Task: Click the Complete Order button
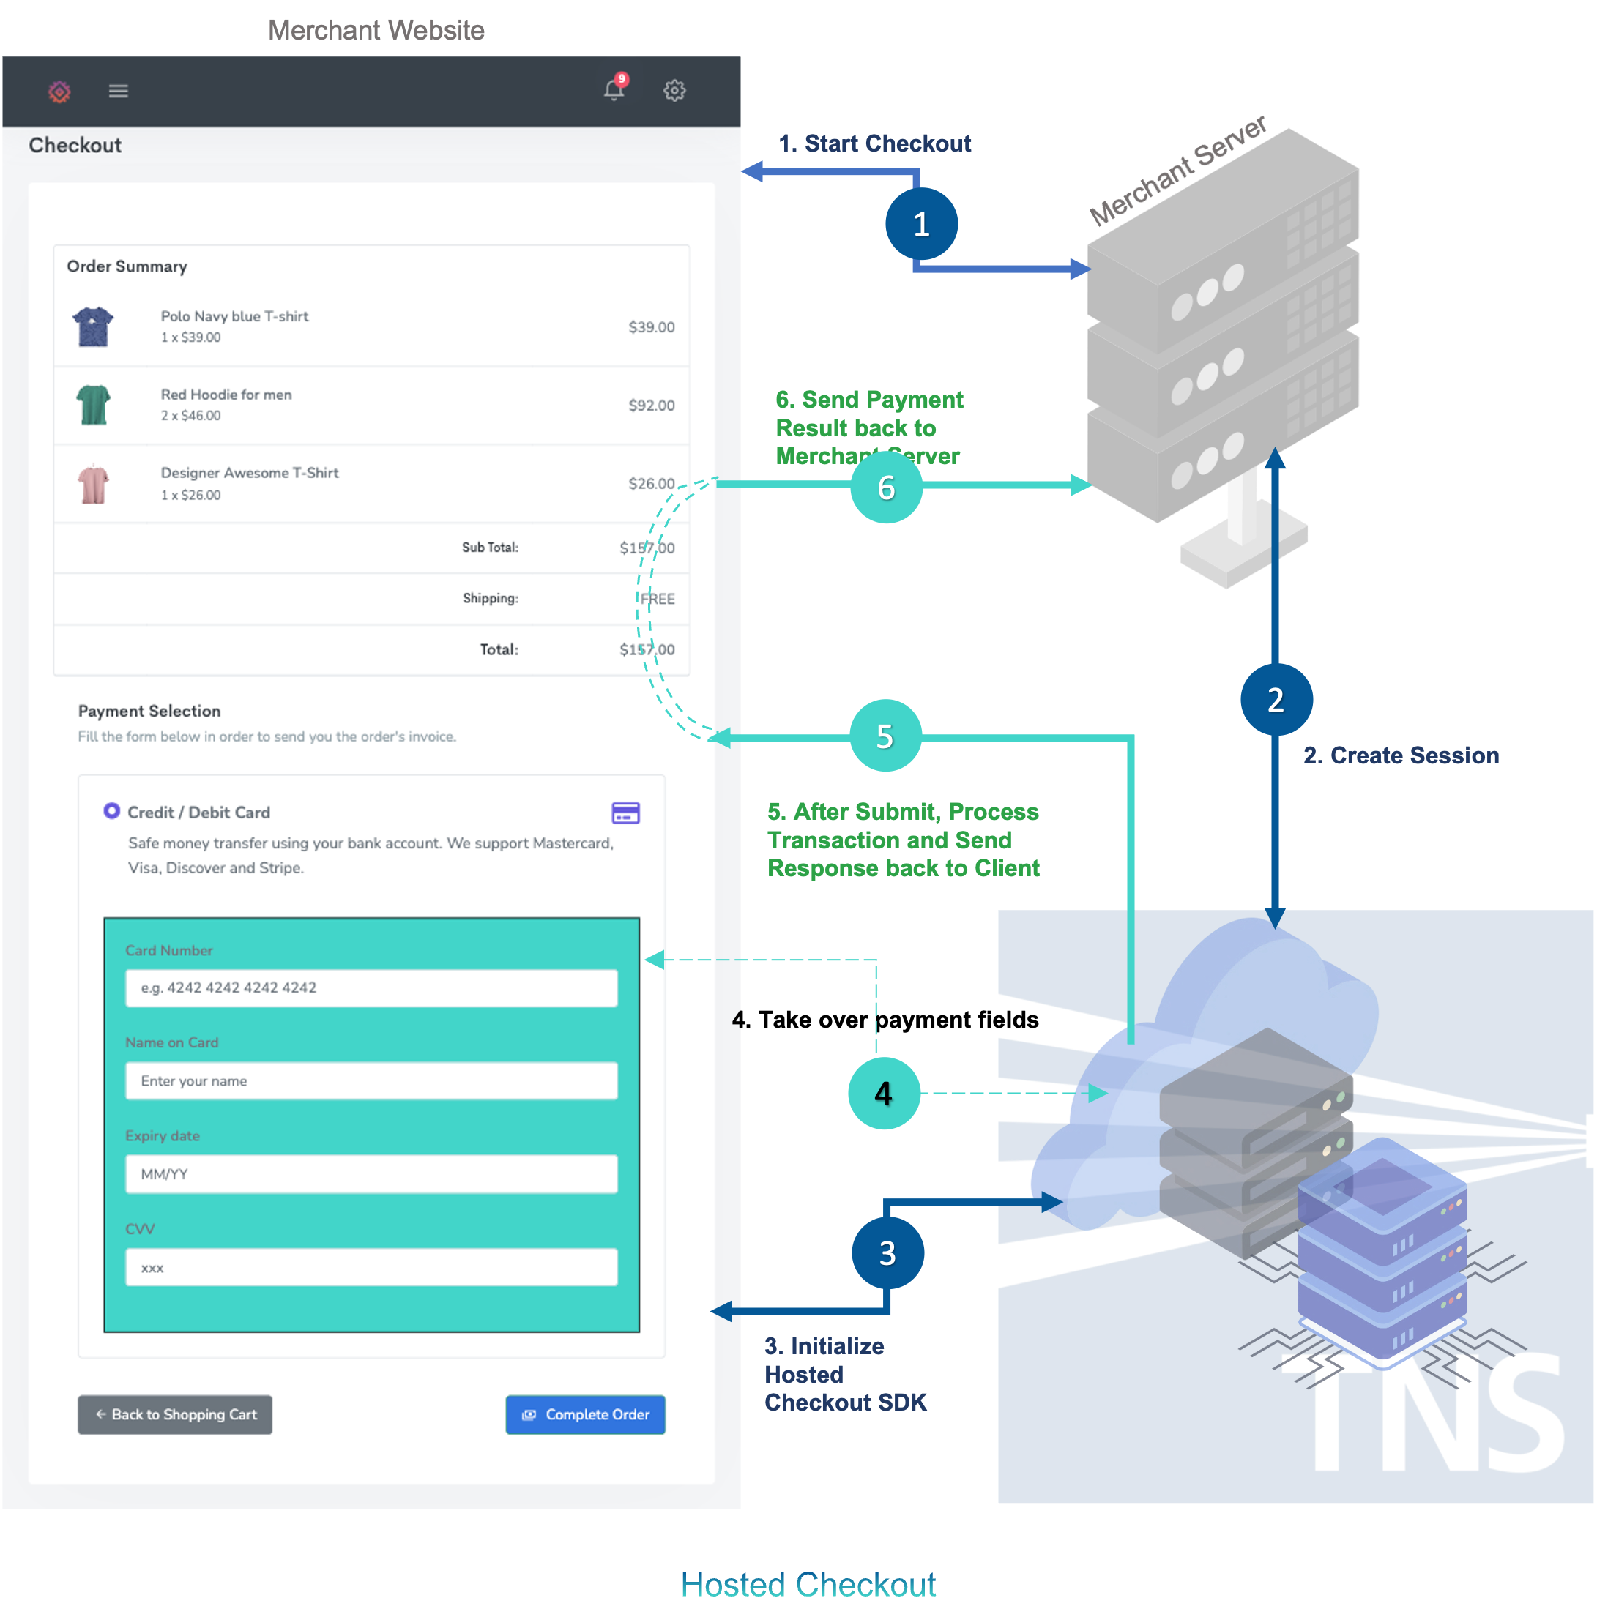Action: (x=585, y=1414)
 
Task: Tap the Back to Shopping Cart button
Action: (x=175, y=1414)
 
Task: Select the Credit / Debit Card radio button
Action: (x=111, y=811)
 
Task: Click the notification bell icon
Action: (x=614, y=89)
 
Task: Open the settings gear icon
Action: (x=674, y=90)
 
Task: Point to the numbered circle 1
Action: (x=922, y=223)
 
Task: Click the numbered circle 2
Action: (x=1276, y=700)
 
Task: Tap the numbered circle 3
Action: (x=887, y=1253)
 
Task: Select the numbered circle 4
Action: (x=884, y=1093)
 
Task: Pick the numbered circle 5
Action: (x=885, y=736)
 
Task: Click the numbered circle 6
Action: (x=887, y=487)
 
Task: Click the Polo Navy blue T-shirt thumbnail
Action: (x=93, y=326)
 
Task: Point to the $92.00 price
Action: (x=651, y=405)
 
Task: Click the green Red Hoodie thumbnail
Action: (x=93, y=404)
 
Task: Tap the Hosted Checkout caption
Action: (x=808, y=1584)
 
